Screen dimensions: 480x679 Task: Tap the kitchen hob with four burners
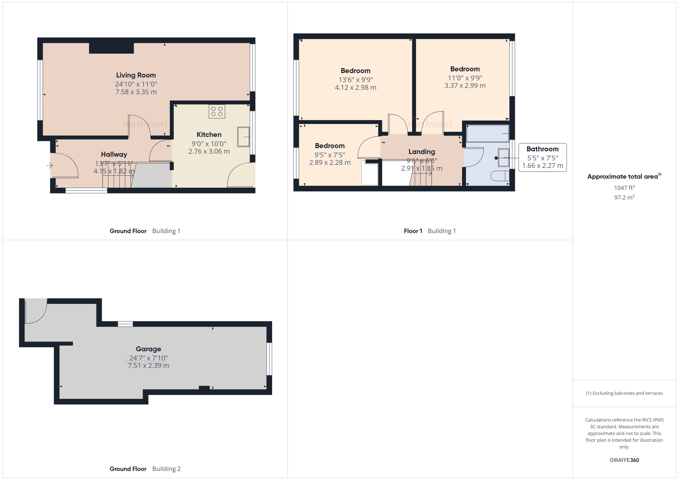pyautogui.click(x=217, y=111)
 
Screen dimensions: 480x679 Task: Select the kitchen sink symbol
pyautogui.click(x=243, y=137)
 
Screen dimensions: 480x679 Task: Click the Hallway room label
pyautogui.click(x=114, y=154)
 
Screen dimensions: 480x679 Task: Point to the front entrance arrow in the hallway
pyautogui.click(x=49, y=165)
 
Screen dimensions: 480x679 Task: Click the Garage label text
pyautogui.click(x=148, y=349)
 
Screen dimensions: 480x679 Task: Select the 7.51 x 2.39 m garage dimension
pyautogui.click(x=148, y=366)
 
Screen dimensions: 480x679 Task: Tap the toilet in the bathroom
pyautogui.click(x=500, y=176)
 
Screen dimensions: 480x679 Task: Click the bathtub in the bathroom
pyautogui.click(x=487, y=133)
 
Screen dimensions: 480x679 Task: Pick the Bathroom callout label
pyautogui.click(x=542, y=149)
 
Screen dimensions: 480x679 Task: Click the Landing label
pyautogui.click(x=422, y=152)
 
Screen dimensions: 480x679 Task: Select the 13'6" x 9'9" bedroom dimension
pyautogui.click(x=356, y=79)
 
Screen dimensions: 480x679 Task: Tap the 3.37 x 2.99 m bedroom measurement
pyautogui.click(x=465, y=86)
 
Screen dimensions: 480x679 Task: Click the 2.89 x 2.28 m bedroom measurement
pyautogui.click(x=330, y=163)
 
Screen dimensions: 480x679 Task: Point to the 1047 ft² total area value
pyautogui.click(x=624, y=188)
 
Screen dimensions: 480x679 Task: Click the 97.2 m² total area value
pyautogui.click(x=624, y=197)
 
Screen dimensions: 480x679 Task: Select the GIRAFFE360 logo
pyautogui.click(x=624, y=460)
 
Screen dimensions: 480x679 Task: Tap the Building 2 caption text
pyautogui.click(x=166, y=469)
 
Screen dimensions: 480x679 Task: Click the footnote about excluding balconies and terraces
pyautogui.click(x=624, y=393)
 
